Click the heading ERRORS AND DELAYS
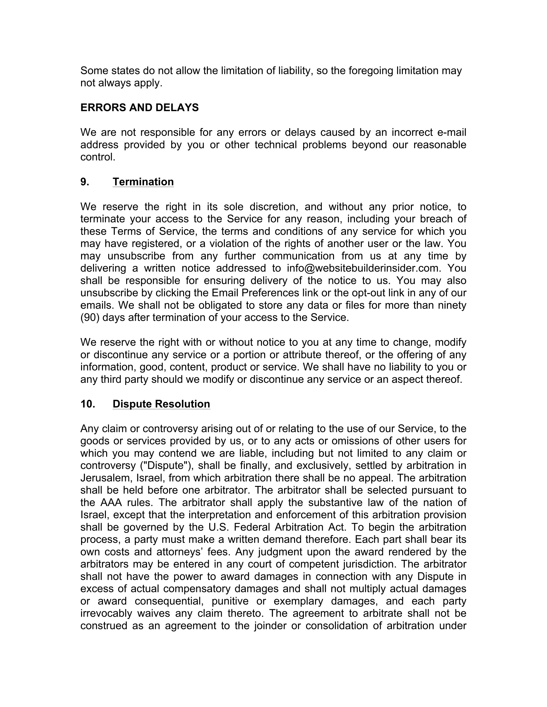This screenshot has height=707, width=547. coord(139,107)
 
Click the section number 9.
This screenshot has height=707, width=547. coord(85,182)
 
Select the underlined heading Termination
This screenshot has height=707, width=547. coord(143,182)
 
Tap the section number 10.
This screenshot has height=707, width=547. coord(88,404)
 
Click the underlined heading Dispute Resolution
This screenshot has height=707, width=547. coord(161,404)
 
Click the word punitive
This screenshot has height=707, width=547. coord(230,601)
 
